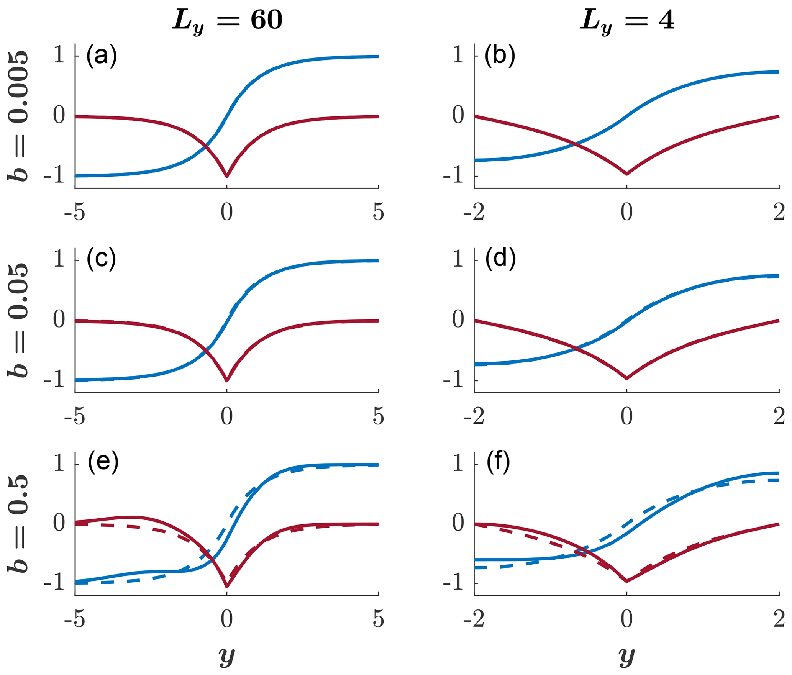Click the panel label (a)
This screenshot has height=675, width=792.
tap(101, 56)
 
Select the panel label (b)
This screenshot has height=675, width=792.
tap(500, 56)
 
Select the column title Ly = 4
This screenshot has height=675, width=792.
tap(627, 21)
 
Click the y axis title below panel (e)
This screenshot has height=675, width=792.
tap(227, 656)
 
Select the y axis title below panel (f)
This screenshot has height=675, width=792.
tap(627, 656)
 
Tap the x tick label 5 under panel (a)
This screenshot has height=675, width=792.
tap(378, 213)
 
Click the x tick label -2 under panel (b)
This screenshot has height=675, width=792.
tap(474, 213)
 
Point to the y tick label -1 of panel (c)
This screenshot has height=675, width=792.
tap(54, 381)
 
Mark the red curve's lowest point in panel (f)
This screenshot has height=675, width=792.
tap(627, 581)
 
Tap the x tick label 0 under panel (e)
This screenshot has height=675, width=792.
tap(227, 619)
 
